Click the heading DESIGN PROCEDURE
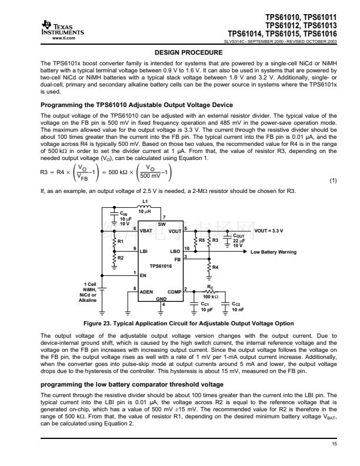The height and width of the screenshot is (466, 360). [179, 52]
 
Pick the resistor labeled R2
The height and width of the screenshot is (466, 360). [114, 258]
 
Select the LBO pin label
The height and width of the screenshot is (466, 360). [175, 251]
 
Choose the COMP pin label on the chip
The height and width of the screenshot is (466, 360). [174, 291]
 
